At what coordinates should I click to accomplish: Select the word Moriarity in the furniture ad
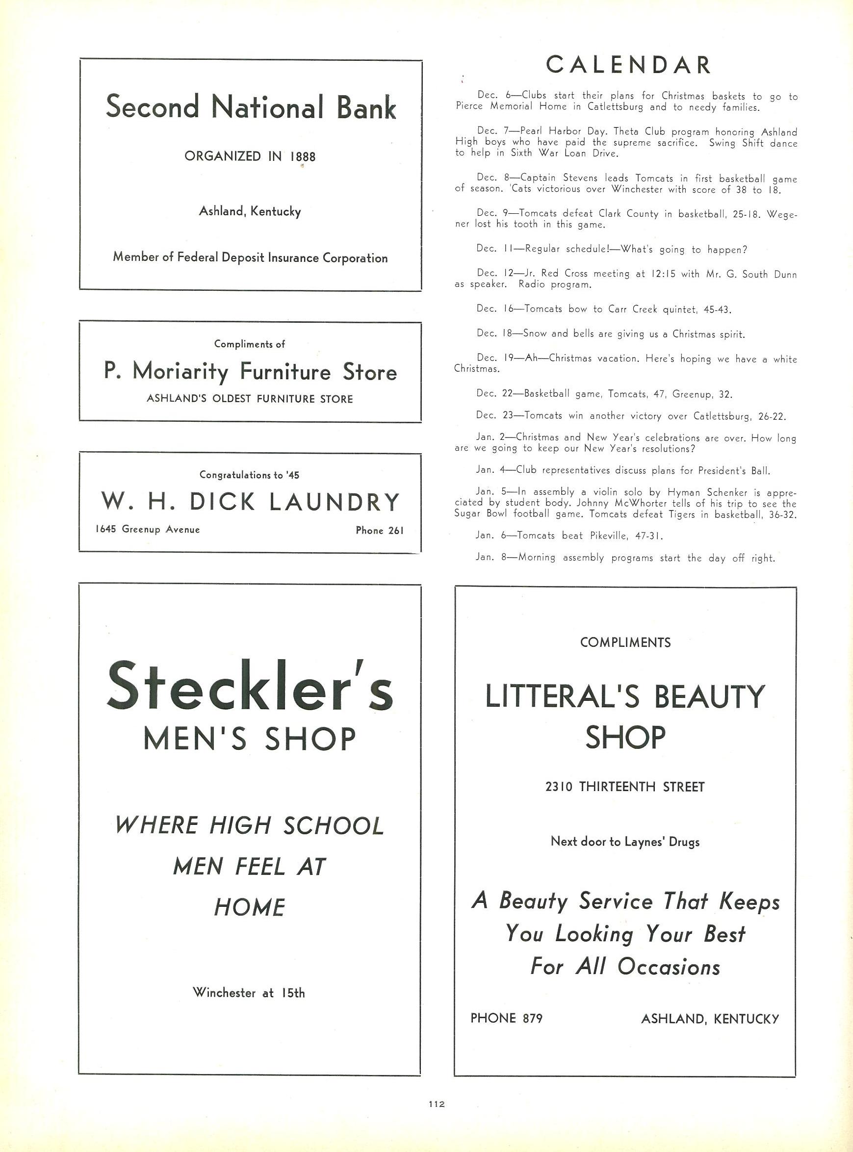180,372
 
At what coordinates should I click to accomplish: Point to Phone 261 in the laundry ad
380,531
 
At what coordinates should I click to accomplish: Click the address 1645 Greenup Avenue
148,530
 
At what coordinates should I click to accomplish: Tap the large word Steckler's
250,686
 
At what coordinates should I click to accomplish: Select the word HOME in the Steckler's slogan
250,907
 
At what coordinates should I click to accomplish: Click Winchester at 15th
249,993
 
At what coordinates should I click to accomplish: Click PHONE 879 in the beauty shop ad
506,1018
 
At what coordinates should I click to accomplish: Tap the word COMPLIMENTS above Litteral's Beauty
625,642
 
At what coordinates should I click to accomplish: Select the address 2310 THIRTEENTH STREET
625,787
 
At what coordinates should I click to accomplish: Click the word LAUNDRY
335,502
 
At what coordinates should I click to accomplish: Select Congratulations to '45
249,475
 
